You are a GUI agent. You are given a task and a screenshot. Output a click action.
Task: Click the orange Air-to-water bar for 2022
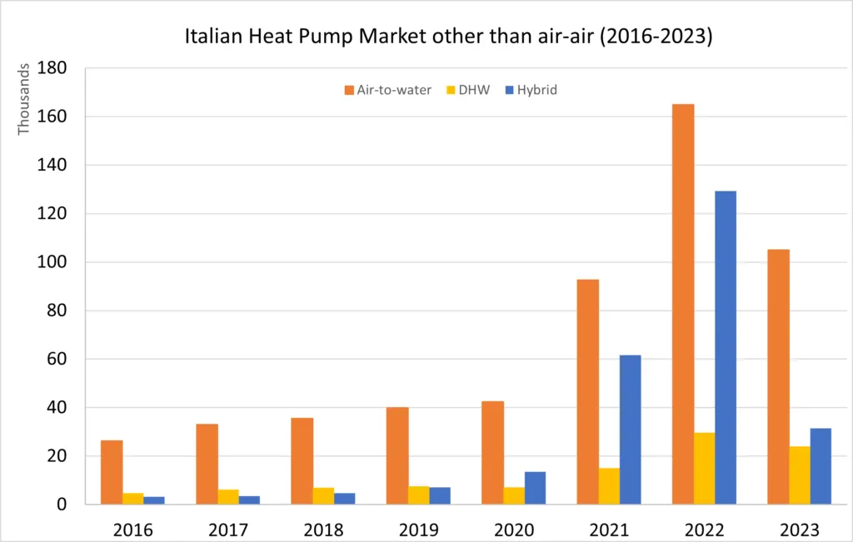click(x=683, y=304)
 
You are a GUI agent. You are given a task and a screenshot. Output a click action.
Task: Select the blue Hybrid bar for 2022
click(x=726, y=347)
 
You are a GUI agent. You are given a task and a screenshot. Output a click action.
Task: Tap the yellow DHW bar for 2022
click(x=704, y=468)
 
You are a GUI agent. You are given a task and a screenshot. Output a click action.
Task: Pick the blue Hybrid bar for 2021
click(x=630, y=430)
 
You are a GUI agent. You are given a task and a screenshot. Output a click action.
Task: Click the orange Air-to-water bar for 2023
click(x=778, y=377)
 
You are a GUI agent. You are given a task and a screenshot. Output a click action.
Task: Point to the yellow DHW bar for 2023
click(x=799, y=475)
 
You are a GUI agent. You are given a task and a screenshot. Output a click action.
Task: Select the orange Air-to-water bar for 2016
click(x=112, y=472)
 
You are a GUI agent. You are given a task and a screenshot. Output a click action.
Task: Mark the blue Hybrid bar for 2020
click(x=535, y=488)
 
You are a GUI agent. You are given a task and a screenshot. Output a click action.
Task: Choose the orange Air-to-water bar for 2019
click(x=397, y=455)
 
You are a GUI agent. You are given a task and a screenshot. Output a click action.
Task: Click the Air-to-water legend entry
click(x=388, y=90)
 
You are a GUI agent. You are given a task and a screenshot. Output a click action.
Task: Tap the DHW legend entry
click(x=468, y=90)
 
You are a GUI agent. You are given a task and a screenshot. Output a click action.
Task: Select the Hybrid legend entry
click(x=531, y=90)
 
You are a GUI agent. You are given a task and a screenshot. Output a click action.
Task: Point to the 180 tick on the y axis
click(x=52, y=68)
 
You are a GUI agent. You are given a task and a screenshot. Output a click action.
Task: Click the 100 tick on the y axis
click(x=52, y=262)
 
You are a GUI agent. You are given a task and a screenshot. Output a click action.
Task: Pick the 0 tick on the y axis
click(x=61, y=505)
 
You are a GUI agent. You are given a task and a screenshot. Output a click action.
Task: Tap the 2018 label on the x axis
click(x=323, y=530)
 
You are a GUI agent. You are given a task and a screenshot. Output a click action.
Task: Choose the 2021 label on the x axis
click(x=609, y=530)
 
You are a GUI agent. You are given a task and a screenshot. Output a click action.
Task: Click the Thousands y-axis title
click(x=23, y=99)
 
